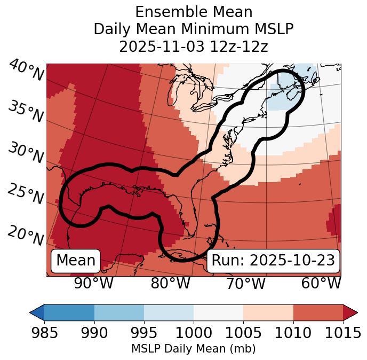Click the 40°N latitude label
point(26,71)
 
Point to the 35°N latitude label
point(26,112)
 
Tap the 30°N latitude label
point(26,154)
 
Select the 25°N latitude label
point(26,195)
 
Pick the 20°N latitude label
point(26,236)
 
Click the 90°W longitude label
point(94,283)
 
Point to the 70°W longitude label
point(246,283)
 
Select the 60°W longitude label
point(321,283)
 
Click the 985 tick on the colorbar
point(44,333)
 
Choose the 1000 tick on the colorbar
point(194,333)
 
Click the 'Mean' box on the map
point(76,261)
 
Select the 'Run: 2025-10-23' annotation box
point(273,261)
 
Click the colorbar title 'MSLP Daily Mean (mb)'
point(193,349)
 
